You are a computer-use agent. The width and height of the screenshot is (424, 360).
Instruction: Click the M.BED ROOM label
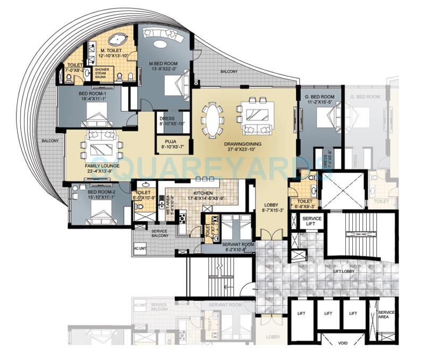[163, 63]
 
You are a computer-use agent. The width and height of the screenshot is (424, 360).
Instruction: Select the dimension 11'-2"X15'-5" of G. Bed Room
[319, 102]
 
